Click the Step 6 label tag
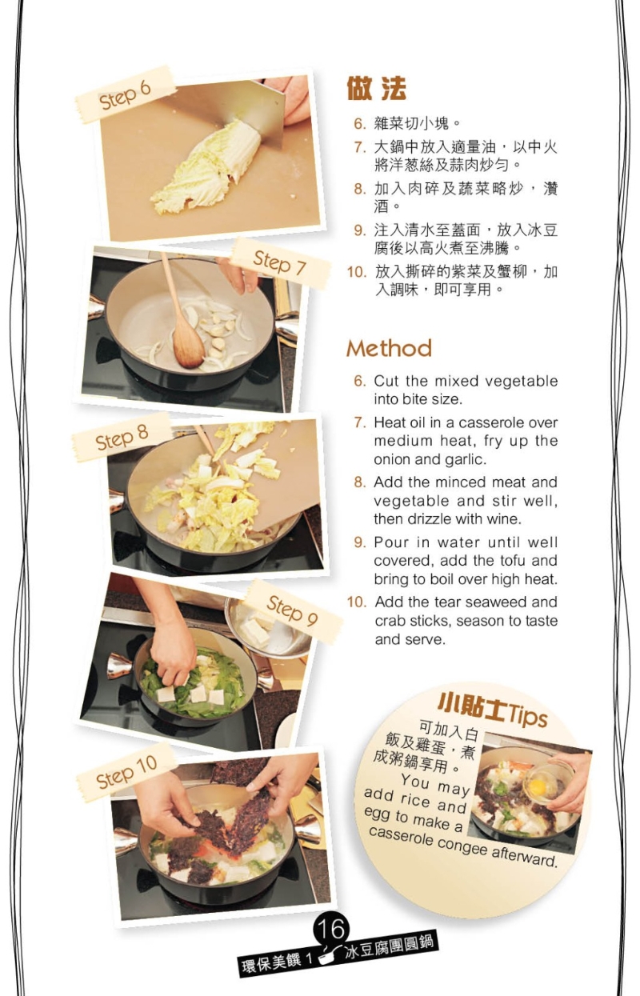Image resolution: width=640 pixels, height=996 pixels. pyautogui.click(x=125, y=95)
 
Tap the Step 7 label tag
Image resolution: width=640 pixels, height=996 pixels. pyautogui.click(x=280, y=262)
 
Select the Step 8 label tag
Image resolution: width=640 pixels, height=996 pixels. pyautogui.click(x=122, y=437)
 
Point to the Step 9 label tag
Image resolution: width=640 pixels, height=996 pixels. pyautogui.click(x=292, y=611)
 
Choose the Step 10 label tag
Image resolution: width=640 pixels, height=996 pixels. pyautogui.click(x=126, y=772)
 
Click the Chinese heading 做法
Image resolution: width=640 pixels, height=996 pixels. pyautogui.click(x=376, y=89)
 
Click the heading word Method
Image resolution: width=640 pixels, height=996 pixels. pyautogui.click(x=389, y=348)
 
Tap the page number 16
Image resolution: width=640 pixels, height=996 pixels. pyautogui.click(x=331, y=929)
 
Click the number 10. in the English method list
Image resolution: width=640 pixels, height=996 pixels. pyautogui.click(x=357, y=602)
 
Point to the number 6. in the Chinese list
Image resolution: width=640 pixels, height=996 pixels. pyautogui.click(x=360, y=124)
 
